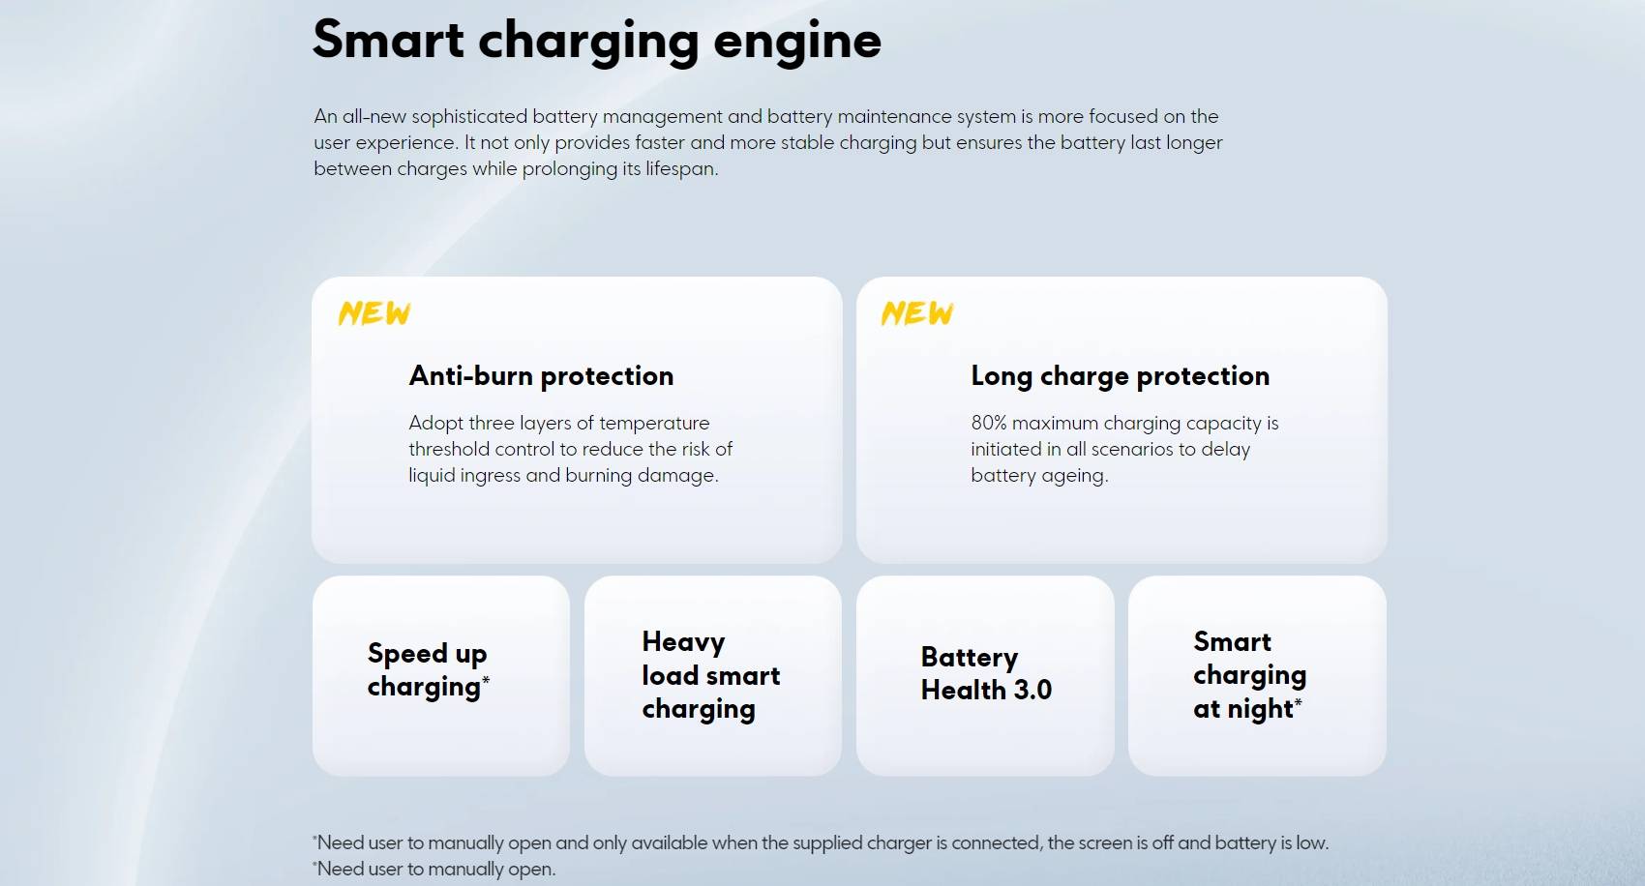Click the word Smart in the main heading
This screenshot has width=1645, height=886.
tap(388, 40)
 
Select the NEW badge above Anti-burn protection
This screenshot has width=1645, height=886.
tap(374, 313)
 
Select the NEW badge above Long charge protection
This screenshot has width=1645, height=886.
tap(917, 313)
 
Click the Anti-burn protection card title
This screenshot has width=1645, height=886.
tap(541, 376)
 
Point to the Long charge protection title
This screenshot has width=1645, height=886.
tap(1120, 376)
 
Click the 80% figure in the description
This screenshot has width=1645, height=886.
tap(989, 424)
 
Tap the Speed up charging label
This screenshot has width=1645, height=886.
tap(428, 670)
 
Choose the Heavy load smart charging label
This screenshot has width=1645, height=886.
tap(711, 675)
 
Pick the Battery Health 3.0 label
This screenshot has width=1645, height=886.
tap(986, 674)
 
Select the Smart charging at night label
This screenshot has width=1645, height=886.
tap(1250, 675)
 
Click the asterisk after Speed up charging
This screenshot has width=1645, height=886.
tap(486, 681)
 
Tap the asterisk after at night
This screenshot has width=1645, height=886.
tap(1299, 702)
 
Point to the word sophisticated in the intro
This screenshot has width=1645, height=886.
tap(469, 117)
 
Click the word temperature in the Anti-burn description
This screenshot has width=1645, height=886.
tap(654, 424)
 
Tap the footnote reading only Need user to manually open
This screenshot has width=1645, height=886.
tap(434, 870)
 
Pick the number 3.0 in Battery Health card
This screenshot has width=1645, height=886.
tap(1031, 690)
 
